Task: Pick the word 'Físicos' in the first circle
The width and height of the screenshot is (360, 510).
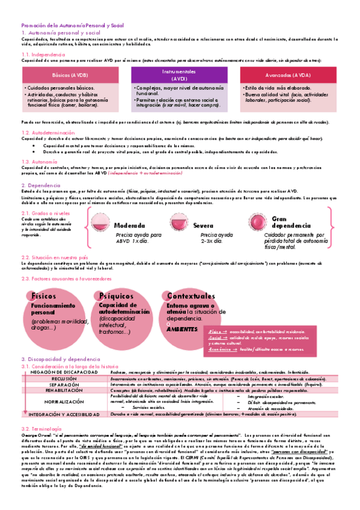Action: coord(44,296)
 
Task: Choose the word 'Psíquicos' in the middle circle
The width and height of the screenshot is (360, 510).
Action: coord(118,296)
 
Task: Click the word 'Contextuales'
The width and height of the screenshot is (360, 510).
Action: coord(191,296)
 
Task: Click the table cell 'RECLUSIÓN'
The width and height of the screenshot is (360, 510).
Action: coord(64,378)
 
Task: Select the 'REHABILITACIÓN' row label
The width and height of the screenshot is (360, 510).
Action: coord(64,390)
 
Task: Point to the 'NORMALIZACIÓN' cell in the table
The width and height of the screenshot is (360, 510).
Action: coord(64,401)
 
